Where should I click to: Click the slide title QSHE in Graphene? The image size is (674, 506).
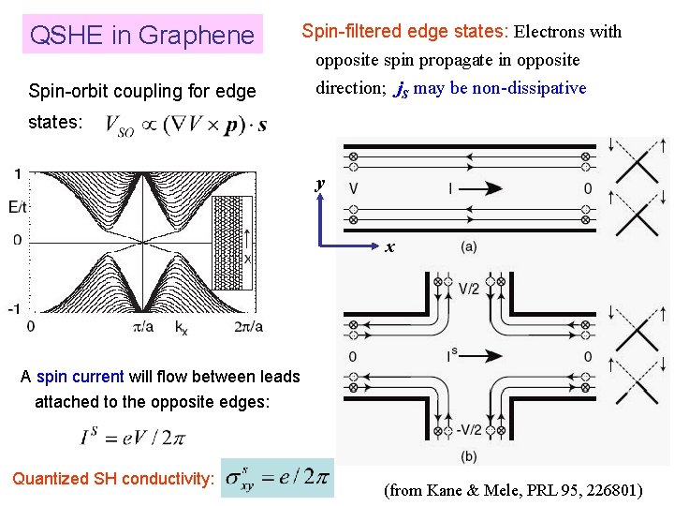pyautogui.click(x=142, y=36)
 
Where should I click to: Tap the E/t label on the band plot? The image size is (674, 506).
pyautogui.click(x=16, y=207)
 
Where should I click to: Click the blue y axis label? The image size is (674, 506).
pyautogui.click(x=320, y=184)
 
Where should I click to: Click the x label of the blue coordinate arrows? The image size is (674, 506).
pyautogui.click(x=389, y=248)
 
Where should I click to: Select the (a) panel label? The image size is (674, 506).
pyautogui.click(x=468, y=246)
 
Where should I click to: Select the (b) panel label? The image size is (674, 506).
pyautogui.click(x=468, y=456)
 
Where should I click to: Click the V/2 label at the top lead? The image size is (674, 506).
pyautogui.click(x=469, y=289)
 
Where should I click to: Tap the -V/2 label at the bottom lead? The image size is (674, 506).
pyautogui.click(x=472, y=429)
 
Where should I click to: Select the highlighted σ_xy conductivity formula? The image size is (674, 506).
pyautogui.click(x=278, y=477)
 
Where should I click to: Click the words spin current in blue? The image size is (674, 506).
pyautogui.click(x=80, y=377)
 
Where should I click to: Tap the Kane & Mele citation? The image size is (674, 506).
pyautogui.click(x=513, y=489)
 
